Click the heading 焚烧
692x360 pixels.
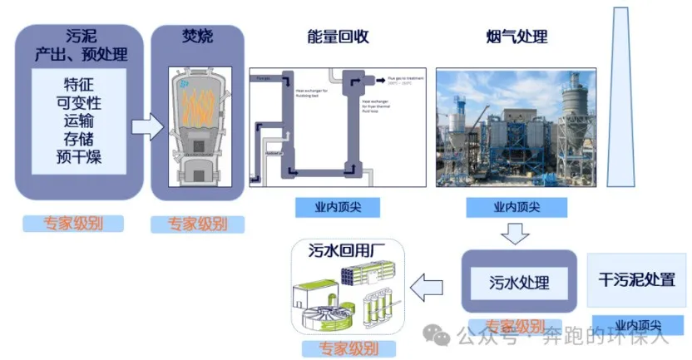pyautogui.click(x=197, y=36)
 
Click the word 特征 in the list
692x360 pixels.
pyautogui.click(x=79, y=85)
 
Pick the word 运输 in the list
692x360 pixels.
pyautogui.click(x=79, y=121)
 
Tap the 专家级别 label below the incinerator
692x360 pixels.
pyautogui.click(x=197, y=224)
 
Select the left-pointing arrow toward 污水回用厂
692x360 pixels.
pyautogui.click(x=430, y=288)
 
